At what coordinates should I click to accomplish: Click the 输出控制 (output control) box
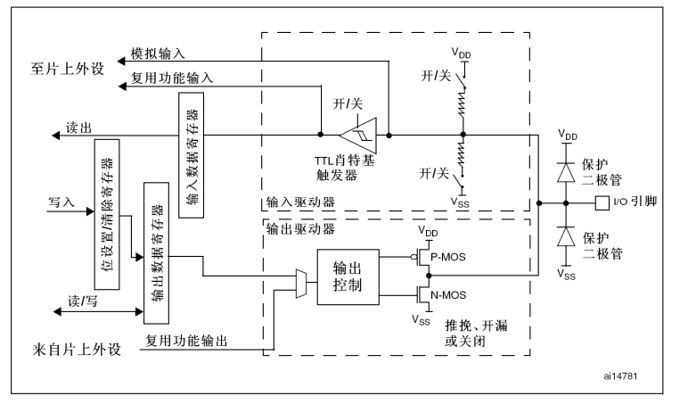348,276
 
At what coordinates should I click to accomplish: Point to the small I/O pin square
602,202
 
